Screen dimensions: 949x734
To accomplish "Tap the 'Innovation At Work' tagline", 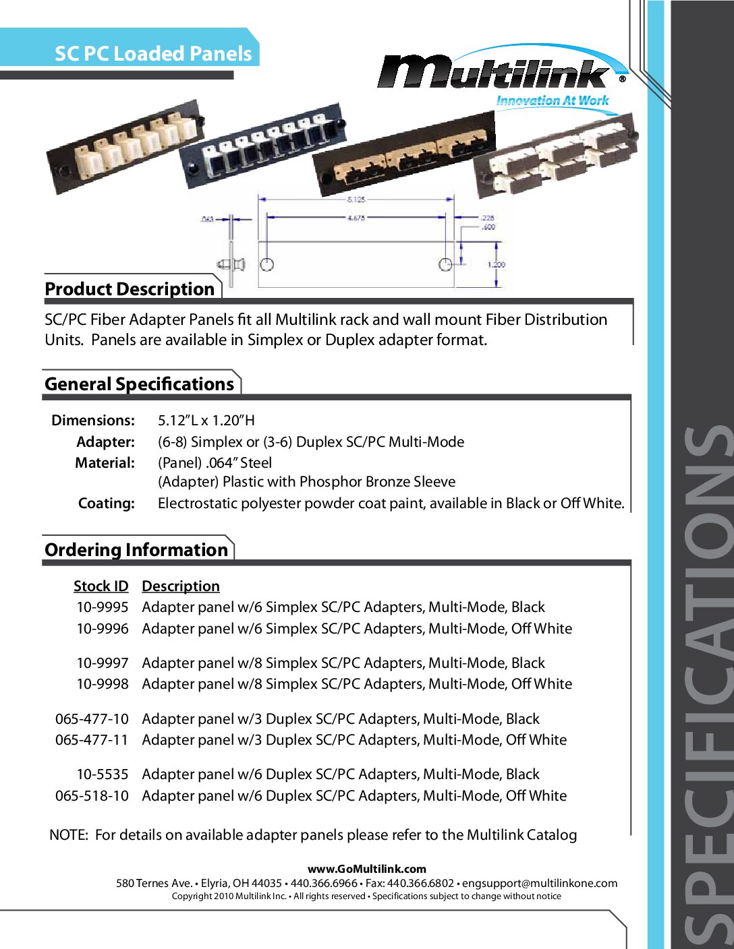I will (553, 101).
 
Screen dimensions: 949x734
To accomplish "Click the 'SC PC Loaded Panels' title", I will (153, 54).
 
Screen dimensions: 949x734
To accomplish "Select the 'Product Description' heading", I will (130, 289).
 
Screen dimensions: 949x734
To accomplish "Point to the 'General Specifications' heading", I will (139, 384).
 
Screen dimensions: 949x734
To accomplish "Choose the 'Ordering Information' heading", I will (136, 550).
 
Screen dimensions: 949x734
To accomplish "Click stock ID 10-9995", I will (102, 607).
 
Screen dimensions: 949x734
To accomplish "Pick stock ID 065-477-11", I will (92, 740).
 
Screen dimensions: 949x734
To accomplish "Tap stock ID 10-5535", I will (102, 774).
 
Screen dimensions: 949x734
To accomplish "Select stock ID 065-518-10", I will (92, 796).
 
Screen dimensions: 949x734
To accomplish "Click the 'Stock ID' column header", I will (101, 586).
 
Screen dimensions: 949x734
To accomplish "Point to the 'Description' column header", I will (181, 586).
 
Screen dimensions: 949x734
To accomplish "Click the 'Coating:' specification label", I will (107, 503).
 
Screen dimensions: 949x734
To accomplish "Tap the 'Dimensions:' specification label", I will (93, 421).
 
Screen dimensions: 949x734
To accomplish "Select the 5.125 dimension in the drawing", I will (356, 200).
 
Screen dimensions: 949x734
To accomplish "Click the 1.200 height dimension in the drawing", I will (497, 265).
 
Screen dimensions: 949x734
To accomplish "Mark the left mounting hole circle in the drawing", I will (267, 264).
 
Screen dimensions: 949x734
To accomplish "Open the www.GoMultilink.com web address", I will (367, 869).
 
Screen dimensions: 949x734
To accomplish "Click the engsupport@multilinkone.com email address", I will (540, 884).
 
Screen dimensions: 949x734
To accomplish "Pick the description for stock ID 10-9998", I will (357, 684).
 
